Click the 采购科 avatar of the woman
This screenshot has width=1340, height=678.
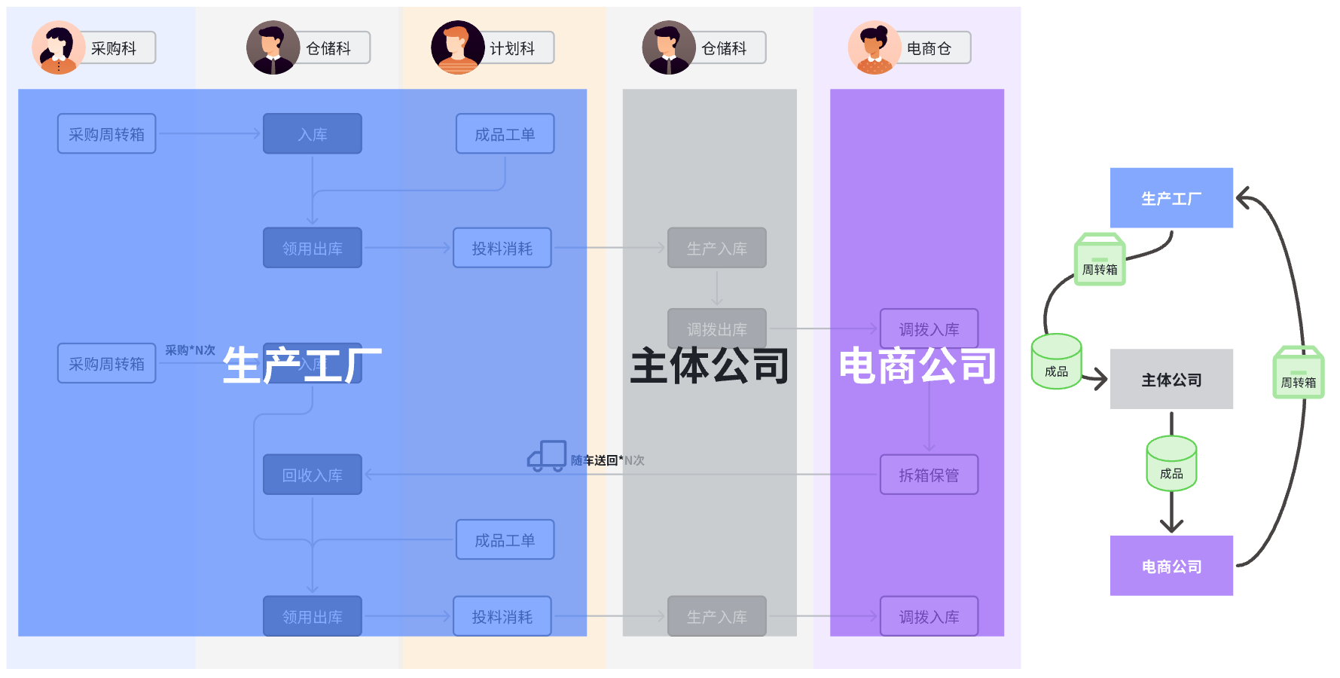(x=57, y=47)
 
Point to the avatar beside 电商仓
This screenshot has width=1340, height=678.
(x=874, y=47)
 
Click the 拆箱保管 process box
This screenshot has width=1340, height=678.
(x=929, y=475)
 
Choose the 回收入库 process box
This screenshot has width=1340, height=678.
(x=312, y=475)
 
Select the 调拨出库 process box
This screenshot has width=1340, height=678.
(x=716, y=328)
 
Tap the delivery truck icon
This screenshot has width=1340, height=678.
(x=547, y=456)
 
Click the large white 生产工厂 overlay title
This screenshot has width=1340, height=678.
(x=302, y=365)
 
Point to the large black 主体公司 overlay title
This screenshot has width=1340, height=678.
(x=709, y=365)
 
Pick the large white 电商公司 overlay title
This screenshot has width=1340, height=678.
(x=917, y=365)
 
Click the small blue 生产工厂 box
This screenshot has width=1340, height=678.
(x=1171, y=198)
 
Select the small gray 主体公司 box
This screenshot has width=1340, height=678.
(x=1171, y=379)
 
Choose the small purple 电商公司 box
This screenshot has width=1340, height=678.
(x=1171, y=566)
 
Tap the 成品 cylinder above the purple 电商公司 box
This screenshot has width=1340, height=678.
(x=1171, y=463)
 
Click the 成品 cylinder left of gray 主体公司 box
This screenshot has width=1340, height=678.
(x=1056, y=362)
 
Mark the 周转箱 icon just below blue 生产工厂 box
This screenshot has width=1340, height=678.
(x=1100, y=259)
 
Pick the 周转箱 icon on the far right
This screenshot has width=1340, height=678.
(x=1298, y=372)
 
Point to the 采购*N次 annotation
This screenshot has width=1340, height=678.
(x=190, y=350)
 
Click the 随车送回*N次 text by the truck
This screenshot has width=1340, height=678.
(x=607, y=460)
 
